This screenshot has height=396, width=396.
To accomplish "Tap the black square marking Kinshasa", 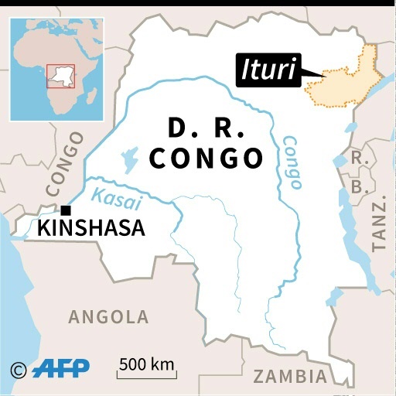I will click(67, 210).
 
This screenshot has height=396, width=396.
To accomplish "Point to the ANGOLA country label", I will click(108, 316).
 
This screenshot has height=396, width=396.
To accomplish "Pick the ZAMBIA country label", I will click(290, 377).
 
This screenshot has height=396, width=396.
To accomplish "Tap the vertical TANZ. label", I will click(379, 224).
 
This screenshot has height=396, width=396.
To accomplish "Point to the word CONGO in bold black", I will click(207, 158).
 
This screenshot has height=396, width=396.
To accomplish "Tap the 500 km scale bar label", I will click(147, 364).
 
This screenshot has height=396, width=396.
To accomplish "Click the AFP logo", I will click(61, 367).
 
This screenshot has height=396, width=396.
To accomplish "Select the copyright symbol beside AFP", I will click(19, 369).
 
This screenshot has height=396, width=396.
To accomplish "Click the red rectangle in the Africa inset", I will click(60, 75).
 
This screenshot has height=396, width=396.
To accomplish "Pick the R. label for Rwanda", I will click(357, 157).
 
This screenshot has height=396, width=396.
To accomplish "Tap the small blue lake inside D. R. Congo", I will click(127, 162).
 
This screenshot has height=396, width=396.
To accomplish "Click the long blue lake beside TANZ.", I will click(354, 232).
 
